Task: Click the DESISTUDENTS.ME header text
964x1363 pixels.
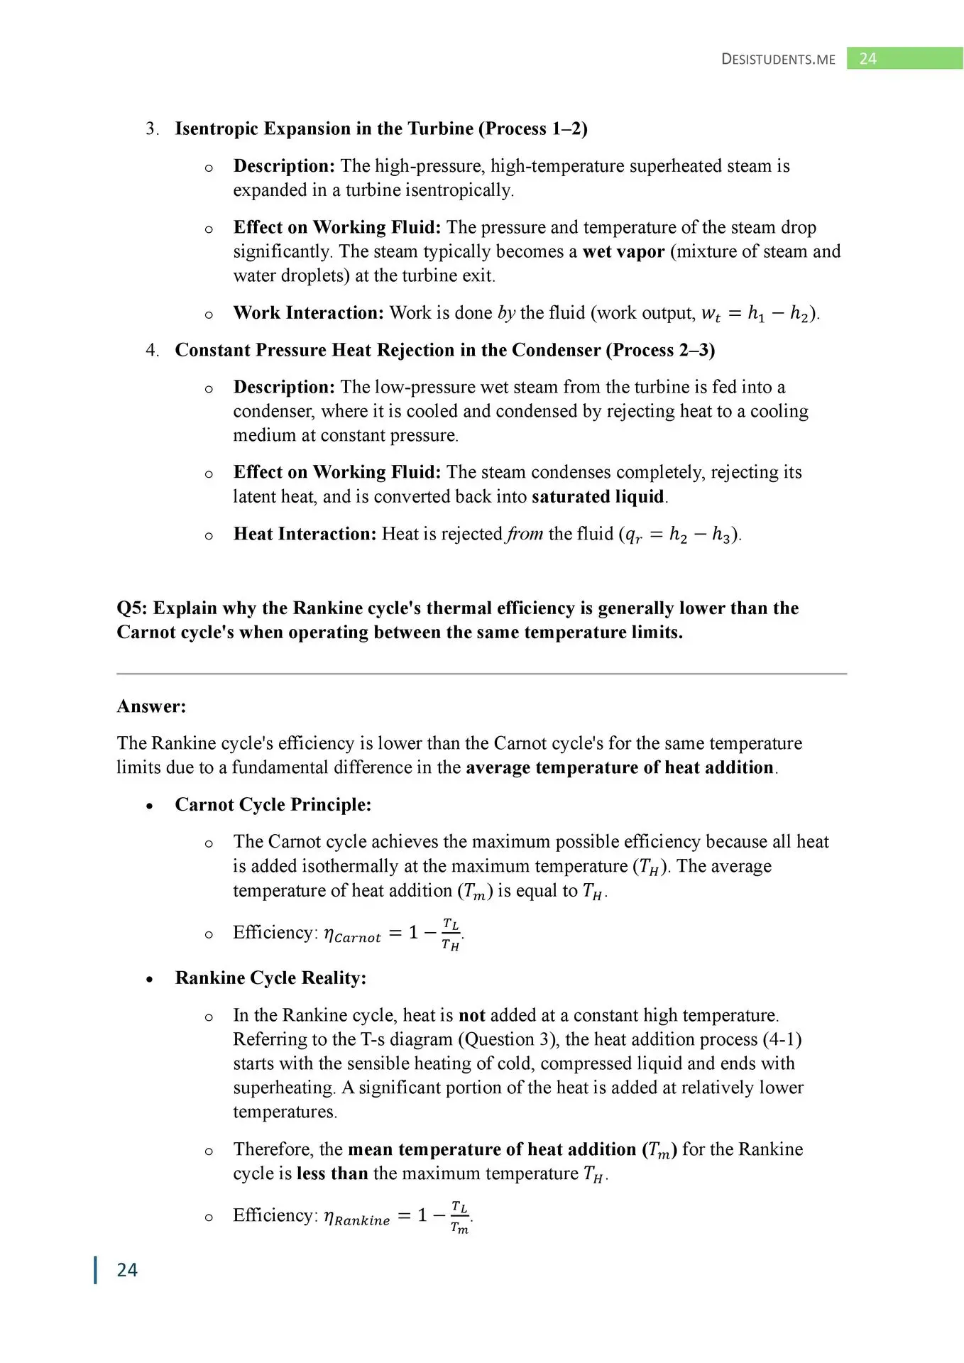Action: point(778,59)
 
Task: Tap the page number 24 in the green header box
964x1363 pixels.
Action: point(867,58)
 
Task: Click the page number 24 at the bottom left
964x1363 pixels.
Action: point(127,1269)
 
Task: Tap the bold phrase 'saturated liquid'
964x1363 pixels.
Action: point(598,496)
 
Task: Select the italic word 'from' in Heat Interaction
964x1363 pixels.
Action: point(525,534)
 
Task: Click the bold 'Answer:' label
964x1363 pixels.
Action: point(151,706)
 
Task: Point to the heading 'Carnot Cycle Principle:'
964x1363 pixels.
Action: point(273,804)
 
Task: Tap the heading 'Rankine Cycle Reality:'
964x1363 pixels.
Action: point(270,978)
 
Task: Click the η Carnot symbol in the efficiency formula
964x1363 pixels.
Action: point(352,935)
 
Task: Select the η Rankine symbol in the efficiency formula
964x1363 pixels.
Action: point(356,1217)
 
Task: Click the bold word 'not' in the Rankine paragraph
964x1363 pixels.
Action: point(471,1015)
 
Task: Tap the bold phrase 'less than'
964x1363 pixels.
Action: point(332,1173)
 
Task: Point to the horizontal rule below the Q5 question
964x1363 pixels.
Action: point(481,674)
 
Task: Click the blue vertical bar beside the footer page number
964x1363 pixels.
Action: point(96,1269)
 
